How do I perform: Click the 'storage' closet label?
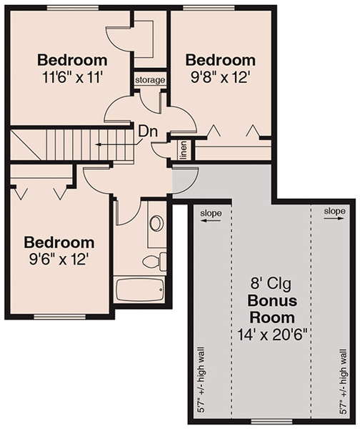point(150,80)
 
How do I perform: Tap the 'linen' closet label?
point(183,152)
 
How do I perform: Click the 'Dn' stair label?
point(148,132)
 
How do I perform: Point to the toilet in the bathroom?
point(154,261)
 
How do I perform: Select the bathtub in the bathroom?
point(140,290)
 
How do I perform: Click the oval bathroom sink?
point(156,223)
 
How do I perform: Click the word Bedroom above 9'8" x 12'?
point(220,59)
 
